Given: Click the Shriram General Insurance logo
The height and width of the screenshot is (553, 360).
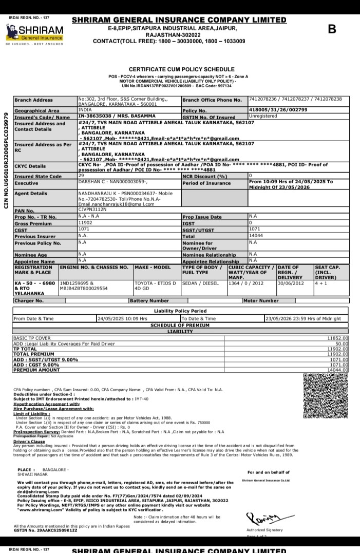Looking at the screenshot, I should pyautogui.click(x=34, y=32).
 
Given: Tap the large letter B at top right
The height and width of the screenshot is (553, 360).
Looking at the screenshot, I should pyautogui.click(x=332, y=29).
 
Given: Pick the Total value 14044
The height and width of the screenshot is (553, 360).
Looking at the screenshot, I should pyautogui.click(x=255, y=236).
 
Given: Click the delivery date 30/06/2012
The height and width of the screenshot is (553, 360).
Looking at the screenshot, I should pyautogui.click(x=291, y=283).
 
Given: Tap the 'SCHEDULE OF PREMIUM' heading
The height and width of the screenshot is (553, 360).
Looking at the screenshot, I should pyautogui.click(x=180, y=326).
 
